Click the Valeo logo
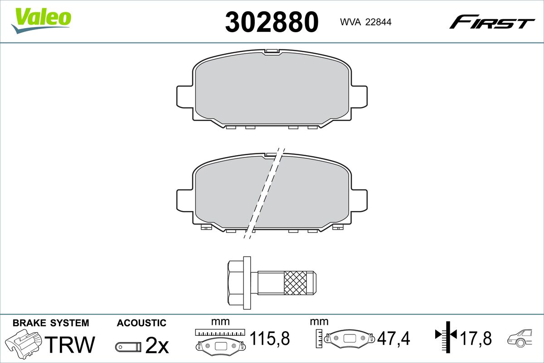(x=41, y=20)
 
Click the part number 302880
(x=272, y=22)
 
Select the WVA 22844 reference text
(x=366, y=22)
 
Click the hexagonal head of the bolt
(x=235, y=283)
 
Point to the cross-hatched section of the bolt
(x=295, y=283)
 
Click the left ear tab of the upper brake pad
(x=185, y=97)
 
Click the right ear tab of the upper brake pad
(x=359, y=97)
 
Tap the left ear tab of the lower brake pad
(x=185, y=200)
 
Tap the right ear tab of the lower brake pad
(x=359, y=200)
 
